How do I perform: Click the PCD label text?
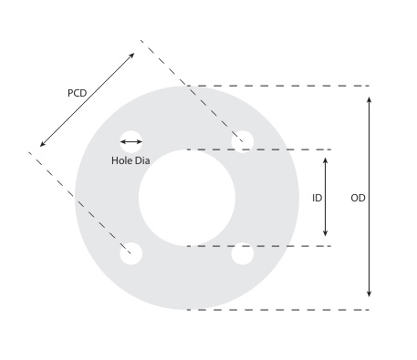coord(78,93)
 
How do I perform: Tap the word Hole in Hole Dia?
coord(122,160)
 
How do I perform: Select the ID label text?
coord(317,198)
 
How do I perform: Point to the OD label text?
coord(358,198)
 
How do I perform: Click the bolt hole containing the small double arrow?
coord(131,141)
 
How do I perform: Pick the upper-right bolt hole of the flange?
coord(242,141)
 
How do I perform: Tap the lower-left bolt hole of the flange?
coord(131,253)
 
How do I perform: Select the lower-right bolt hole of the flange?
coord(242,253)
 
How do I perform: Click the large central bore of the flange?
coord(187,198)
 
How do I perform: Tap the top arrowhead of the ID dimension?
coord(325,159)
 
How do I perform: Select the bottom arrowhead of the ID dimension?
coord(325,238)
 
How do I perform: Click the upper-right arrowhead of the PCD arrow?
coord(132,56)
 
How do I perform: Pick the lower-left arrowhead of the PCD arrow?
coord(43,144)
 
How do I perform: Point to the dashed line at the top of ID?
coord(274,149)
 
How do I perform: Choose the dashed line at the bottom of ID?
coord(274,246)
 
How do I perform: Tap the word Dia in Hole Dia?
coord(142,160)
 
